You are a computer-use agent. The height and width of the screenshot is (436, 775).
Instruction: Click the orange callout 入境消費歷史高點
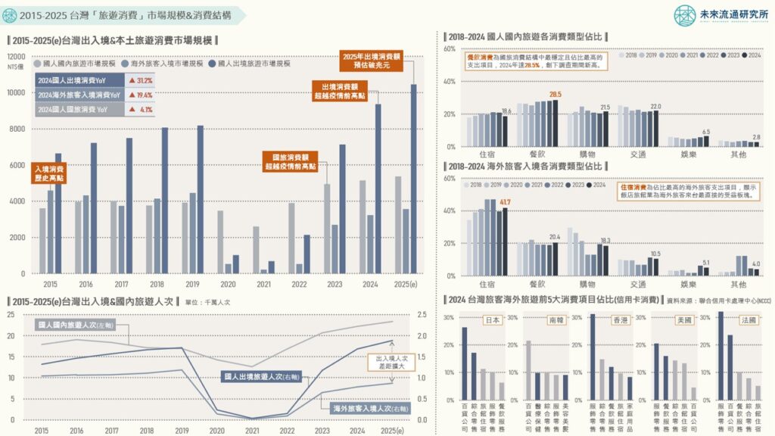tap(50, 173)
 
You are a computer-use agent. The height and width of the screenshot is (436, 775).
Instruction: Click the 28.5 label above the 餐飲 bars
tap(555, 95)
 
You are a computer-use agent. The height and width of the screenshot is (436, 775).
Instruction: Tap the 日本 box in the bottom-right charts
tap(492, 319)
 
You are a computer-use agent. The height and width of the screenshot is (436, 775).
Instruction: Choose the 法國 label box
tap(749, 319)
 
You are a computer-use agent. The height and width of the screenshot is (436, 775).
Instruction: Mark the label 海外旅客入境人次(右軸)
tap(370, 409)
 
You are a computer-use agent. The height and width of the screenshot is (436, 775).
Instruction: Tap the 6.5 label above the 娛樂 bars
tap(705, 132)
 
